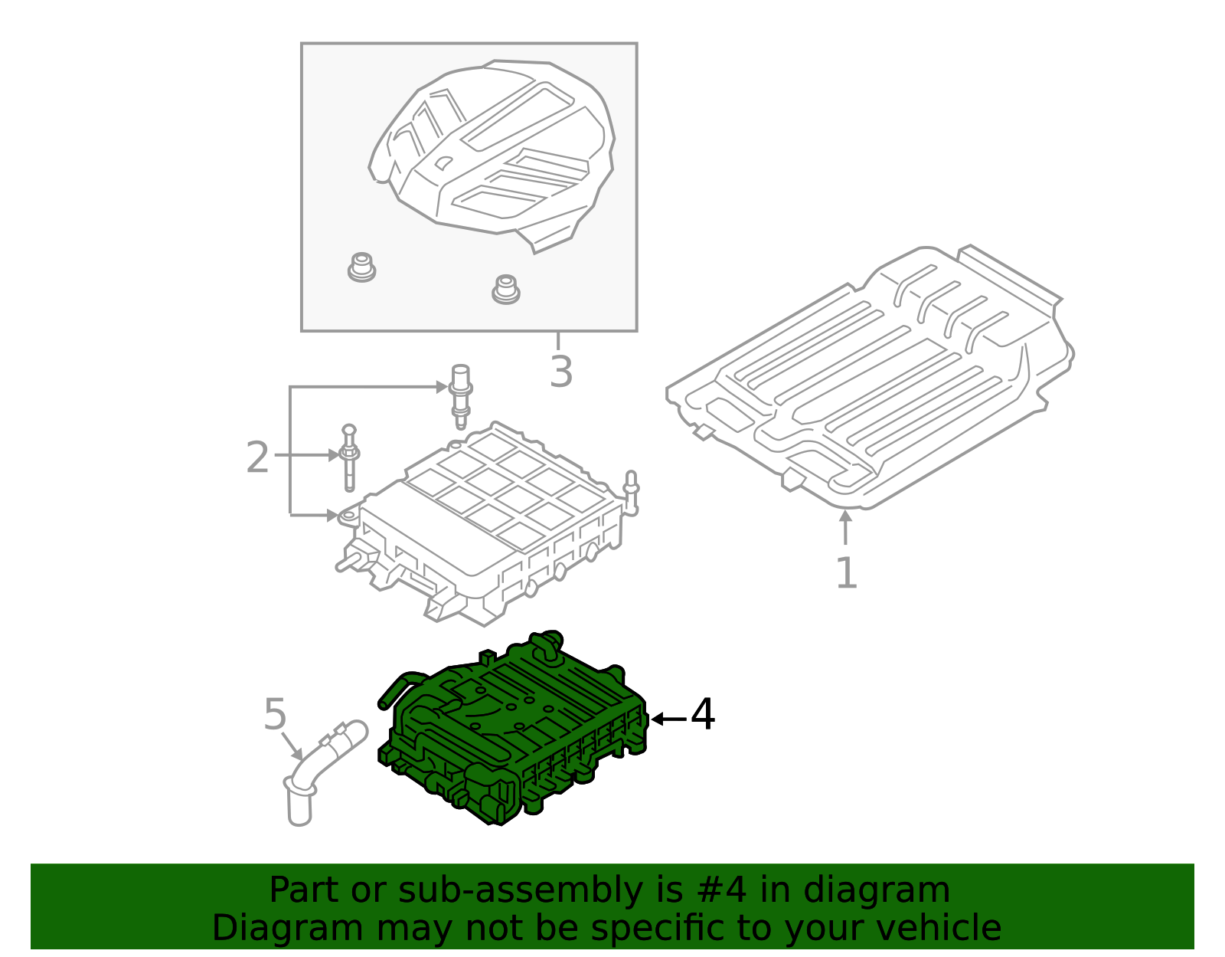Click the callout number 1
[845, 572]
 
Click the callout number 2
[258, 457]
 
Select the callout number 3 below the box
[561, 372]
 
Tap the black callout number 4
[703, 715]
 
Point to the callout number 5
[275, 714]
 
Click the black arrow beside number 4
[668, 719]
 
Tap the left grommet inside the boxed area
[361, 267]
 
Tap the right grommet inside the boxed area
[505, 289]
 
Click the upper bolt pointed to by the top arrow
[460, 395]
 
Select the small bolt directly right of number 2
[349, 457]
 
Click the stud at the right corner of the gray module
[632, 491]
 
